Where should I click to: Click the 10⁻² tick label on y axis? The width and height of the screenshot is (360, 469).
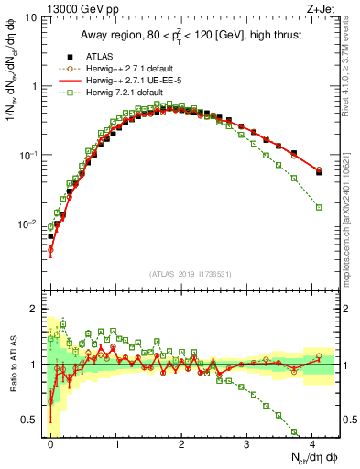[27, 224]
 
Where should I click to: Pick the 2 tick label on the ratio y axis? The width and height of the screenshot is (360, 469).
[34, 309]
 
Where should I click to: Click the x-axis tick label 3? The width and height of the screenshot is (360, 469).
[246, 445]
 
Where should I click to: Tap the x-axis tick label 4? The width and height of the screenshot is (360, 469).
[311, 445]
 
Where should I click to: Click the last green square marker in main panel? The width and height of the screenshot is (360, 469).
[319, 207]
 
